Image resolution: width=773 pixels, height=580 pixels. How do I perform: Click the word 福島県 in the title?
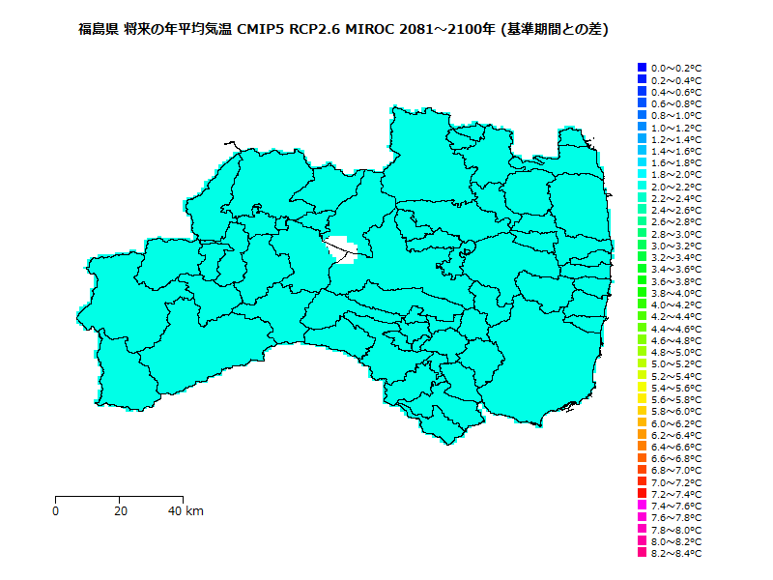click(98, 30)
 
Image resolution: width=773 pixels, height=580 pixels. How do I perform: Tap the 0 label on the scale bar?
click(56, 510)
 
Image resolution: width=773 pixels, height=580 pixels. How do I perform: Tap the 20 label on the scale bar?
click(119, 510)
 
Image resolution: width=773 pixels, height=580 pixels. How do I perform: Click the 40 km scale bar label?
click(186, 510)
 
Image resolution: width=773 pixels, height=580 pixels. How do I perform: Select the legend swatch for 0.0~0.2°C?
click(642, 68)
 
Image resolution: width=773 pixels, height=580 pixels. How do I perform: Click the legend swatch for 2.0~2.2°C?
click(642, 186)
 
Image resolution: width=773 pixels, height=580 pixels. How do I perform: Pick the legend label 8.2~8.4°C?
click(676, 554)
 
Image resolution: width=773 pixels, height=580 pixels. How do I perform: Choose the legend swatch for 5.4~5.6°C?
click(642, 387)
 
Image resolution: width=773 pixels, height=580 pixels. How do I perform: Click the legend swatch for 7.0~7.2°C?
click(642, 481)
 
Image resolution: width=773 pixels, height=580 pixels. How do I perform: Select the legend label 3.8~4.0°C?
click(676, 293)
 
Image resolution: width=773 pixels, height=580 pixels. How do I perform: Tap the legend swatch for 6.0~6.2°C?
click(642, 422)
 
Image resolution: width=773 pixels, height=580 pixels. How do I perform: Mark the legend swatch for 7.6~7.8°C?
click(642, 517)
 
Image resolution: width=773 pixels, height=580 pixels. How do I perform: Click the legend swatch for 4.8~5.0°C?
click(642, 352)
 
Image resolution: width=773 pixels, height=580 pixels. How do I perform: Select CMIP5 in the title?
click(257, 30)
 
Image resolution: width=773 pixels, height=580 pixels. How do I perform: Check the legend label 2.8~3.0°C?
click(676, 234)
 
